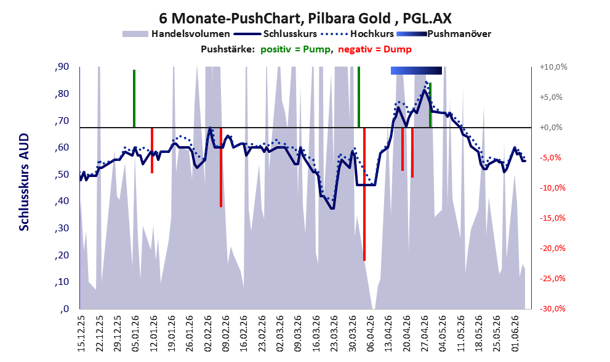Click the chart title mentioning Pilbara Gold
coord(305,18)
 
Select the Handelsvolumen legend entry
coord(176,34)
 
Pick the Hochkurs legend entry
coord(357,34)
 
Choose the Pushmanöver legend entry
coord(444,34)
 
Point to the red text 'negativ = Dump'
coord(375,49)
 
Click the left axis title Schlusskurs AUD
coord(24,182)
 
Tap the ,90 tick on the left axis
coord(62,67)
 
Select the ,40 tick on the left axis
coord(62,202)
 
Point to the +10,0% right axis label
coord(553,67)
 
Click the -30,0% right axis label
coord(552,308)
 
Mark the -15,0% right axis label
coord(552,218)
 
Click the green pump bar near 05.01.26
coord(134,99)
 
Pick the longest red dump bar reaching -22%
coord(364,194)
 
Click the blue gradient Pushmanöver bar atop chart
coord(416,70)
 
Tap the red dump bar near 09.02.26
coord(221,167)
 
